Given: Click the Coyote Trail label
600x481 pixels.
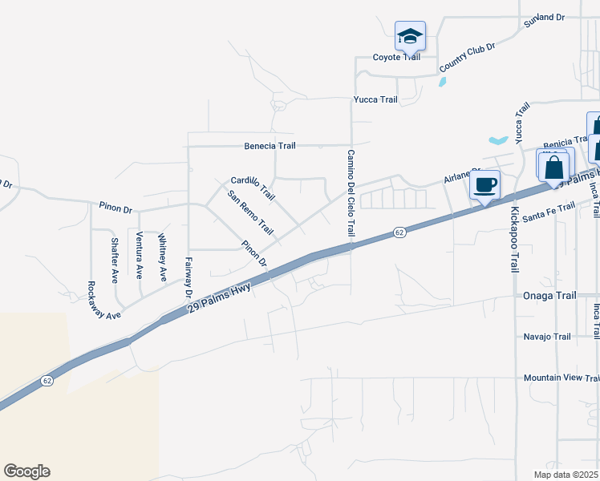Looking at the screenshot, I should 396,57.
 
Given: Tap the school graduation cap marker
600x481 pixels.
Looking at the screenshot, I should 410,37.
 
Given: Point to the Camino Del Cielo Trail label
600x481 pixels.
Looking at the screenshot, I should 351,192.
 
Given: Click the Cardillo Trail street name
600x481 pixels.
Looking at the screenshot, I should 253,188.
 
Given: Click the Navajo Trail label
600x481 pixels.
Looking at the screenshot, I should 547,337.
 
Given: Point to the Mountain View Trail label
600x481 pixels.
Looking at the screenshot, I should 561,378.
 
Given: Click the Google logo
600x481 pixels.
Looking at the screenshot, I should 26,471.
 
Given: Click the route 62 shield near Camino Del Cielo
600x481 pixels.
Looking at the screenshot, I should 399,232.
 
